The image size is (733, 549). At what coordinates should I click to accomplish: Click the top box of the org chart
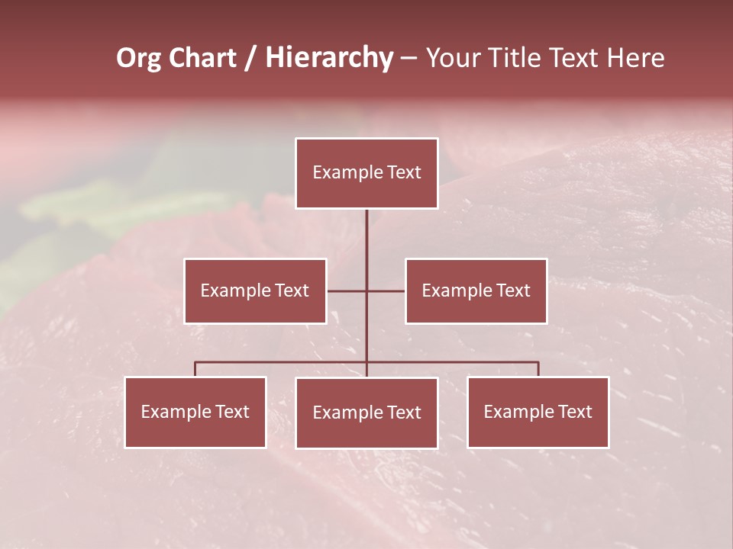click(x=366, y=173)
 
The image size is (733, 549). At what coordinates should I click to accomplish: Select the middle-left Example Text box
click(x=255, y=291)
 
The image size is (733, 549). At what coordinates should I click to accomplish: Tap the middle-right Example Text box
click(x=476, y=291)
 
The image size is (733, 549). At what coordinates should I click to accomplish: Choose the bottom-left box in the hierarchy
click(x=195, y=412)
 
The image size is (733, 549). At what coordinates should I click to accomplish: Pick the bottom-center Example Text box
click(x=366, y=413)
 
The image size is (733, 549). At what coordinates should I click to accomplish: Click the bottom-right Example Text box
click(x=538, y=412)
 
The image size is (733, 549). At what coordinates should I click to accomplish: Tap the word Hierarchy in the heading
click(x=329, y=58)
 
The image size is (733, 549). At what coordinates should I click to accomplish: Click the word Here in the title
click(x=635, y=58)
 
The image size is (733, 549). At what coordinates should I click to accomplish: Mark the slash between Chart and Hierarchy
click(x=250, y=58)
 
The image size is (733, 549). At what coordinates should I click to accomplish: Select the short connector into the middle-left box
click(x=347, y=291)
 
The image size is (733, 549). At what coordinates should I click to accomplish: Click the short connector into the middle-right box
click(x=386, y=291)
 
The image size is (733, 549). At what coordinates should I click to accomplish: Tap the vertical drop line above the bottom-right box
click(x=538, y=369)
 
